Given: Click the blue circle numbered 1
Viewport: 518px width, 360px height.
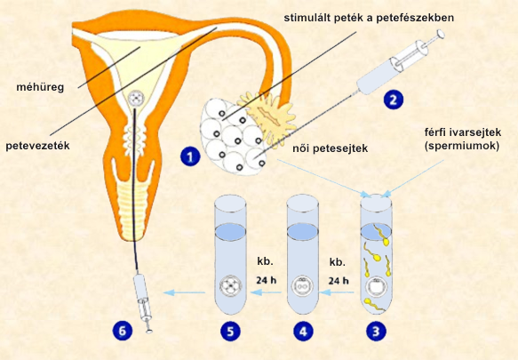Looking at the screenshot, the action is click(x=190, y=156).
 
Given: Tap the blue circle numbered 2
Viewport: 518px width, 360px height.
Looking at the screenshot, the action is click(x=394, y=100).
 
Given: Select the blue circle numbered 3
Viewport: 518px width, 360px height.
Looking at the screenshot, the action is click(x=376, y=331).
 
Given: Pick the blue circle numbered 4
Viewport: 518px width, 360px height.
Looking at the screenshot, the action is click(x=303, y=331).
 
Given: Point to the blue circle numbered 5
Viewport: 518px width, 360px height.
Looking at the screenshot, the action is click(x=231, y=331).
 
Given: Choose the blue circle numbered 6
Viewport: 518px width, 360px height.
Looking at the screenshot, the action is click(x=123, y=331).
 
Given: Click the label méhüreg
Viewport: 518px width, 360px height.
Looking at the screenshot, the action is click(x=40, y=88).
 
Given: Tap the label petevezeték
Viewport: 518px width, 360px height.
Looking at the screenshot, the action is click(x=37, y=146).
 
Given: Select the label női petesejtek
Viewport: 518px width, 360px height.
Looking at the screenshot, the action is click(x=330, y=148).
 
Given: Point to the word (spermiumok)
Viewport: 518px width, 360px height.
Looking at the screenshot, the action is click(x=462, y=146).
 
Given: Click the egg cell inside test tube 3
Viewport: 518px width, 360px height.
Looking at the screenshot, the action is click(x=376, y=286).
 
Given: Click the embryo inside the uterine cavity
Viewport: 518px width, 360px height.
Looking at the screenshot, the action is click(x=135, y=98).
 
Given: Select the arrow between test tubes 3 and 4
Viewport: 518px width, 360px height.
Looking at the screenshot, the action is click(x=336, y=292).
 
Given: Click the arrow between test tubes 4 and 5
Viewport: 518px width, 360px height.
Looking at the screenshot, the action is click(x=266, y=292).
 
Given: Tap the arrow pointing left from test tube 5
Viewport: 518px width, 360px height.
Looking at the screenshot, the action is click(x=184, y=292).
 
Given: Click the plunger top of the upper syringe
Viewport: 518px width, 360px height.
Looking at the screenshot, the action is click(x=441, y=34).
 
